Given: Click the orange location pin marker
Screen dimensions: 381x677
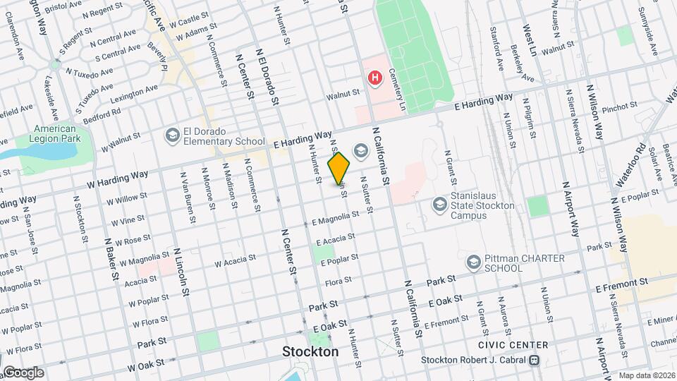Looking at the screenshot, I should point(339,169).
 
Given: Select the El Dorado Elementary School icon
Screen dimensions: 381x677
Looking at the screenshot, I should point(172,135).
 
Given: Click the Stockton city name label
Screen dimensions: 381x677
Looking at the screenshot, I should point(310,351).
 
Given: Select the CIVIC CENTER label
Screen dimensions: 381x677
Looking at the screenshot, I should point(513,345).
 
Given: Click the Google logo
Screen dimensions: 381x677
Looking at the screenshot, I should point(23,372).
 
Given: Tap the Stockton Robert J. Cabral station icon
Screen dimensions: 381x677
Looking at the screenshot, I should point(535,360).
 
